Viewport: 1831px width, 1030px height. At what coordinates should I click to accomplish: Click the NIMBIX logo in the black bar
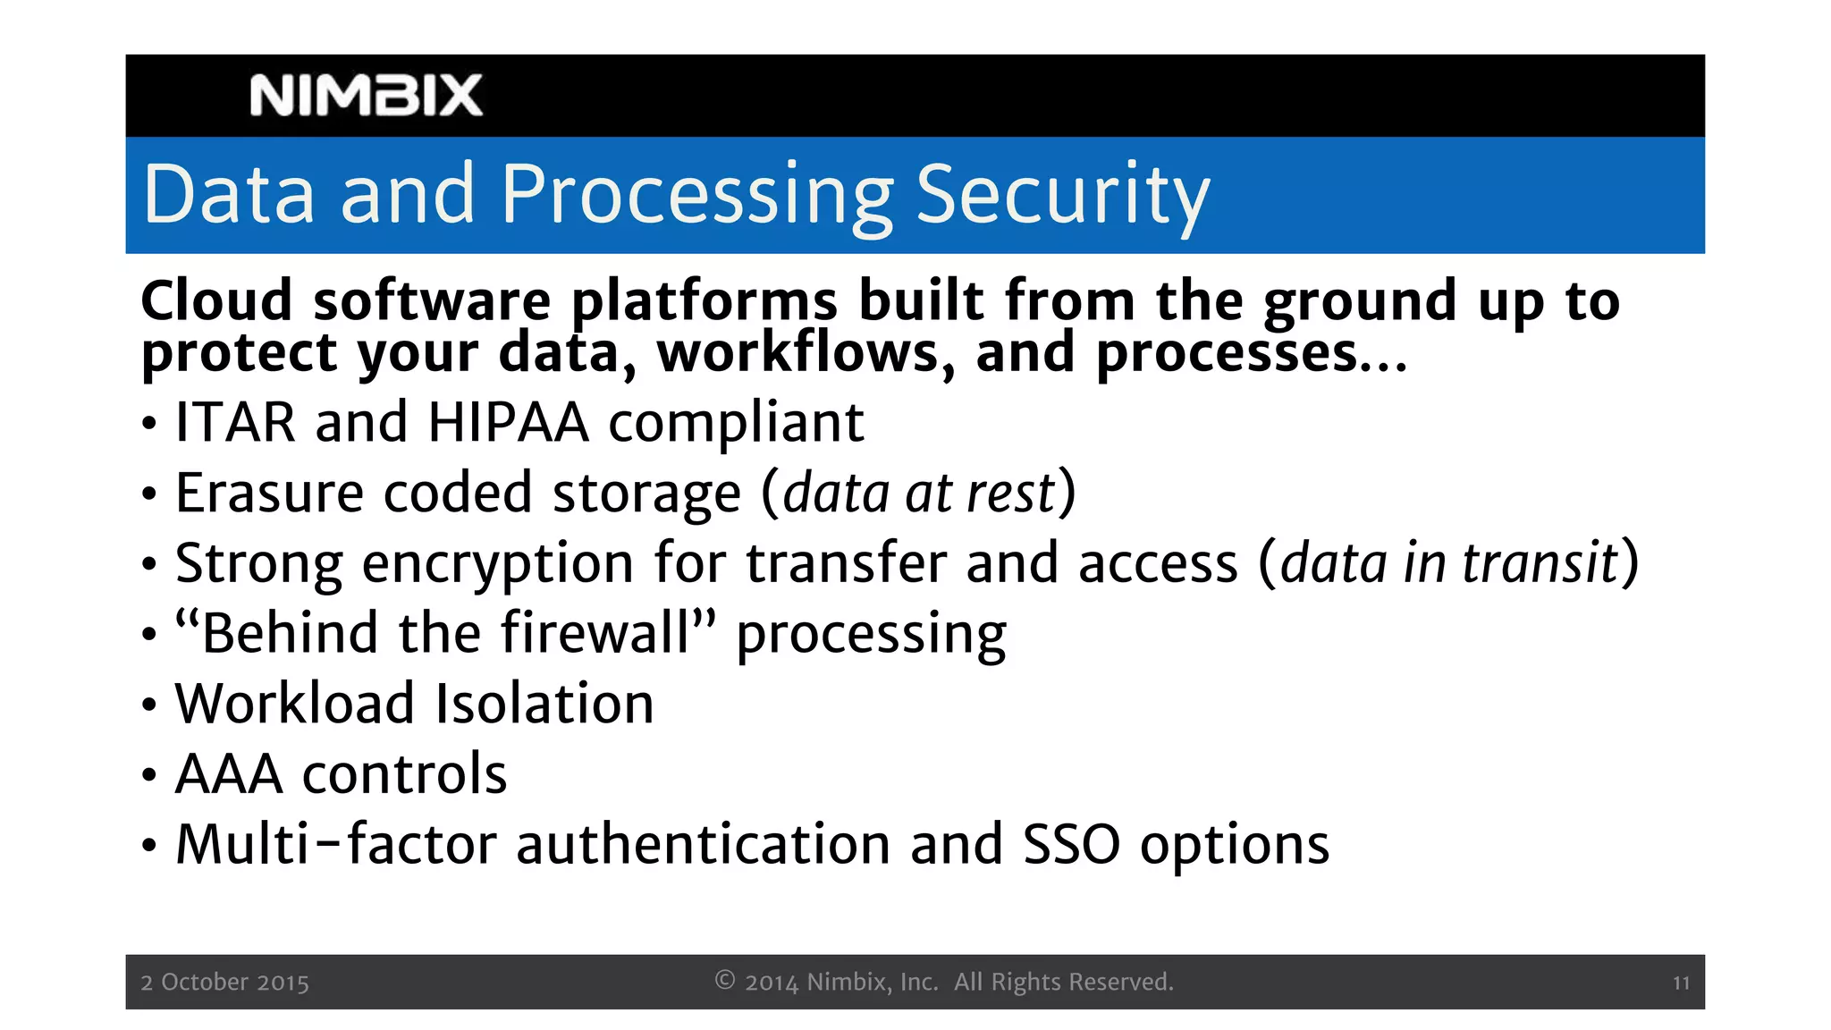click(x=366, y=96)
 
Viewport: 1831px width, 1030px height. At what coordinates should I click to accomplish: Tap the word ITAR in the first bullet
click(x=235, y=422)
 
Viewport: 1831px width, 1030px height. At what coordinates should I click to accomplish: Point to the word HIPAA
click(x=508, y=422)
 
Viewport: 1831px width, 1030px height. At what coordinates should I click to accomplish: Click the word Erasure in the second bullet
click(x=269, y=493)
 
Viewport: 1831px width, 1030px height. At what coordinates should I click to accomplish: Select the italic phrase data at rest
click(x=919, y=493)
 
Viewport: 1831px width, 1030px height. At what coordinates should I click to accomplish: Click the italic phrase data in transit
click(x=1449, y=563)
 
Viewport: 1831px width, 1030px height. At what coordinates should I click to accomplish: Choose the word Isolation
click(x=544, y=704)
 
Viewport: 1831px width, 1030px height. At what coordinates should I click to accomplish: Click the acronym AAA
click(x=229, y=773)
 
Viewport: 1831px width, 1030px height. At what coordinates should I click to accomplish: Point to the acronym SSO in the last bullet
click(x=1070, y=844)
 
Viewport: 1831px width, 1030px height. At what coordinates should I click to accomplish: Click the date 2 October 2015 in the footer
click(x=224, y=982)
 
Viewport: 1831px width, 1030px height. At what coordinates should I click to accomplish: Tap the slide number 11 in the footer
click(x=1681, y=983)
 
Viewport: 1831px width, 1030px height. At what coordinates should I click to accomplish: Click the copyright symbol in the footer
click(x=724, y=980)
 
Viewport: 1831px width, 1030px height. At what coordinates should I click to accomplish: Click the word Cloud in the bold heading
click(x=216, y=300)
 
